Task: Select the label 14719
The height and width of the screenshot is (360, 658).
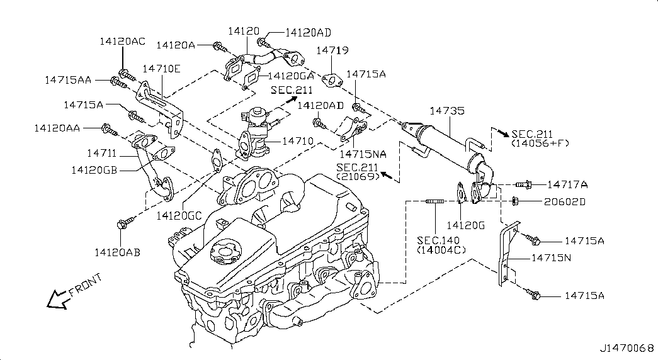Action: coord(332,50)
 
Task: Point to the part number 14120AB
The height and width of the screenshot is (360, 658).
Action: coord(117,252)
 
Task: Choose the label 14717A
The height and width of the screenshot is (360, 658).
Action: coord(567,184)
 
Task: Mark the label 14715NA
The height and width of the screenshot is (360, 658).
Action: coord(362,153)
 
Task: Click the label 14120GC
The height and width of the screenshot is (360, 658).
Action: coord(179,215)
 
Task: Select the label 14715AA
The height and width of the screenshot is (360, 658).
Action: coord(69,80)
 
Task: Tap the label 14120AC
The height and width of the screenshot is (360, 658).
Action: coord(122,41)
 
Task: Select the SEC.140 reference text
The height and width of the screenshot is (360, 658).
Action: coord(438,240)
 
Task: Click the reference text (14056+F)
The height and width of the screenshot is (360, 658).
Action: coord(540,143)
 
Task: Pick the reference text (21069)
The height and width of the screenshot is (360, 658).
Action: coord(357,177)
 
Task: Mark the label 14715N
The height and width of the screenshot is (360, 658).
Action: coord(551,257)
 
